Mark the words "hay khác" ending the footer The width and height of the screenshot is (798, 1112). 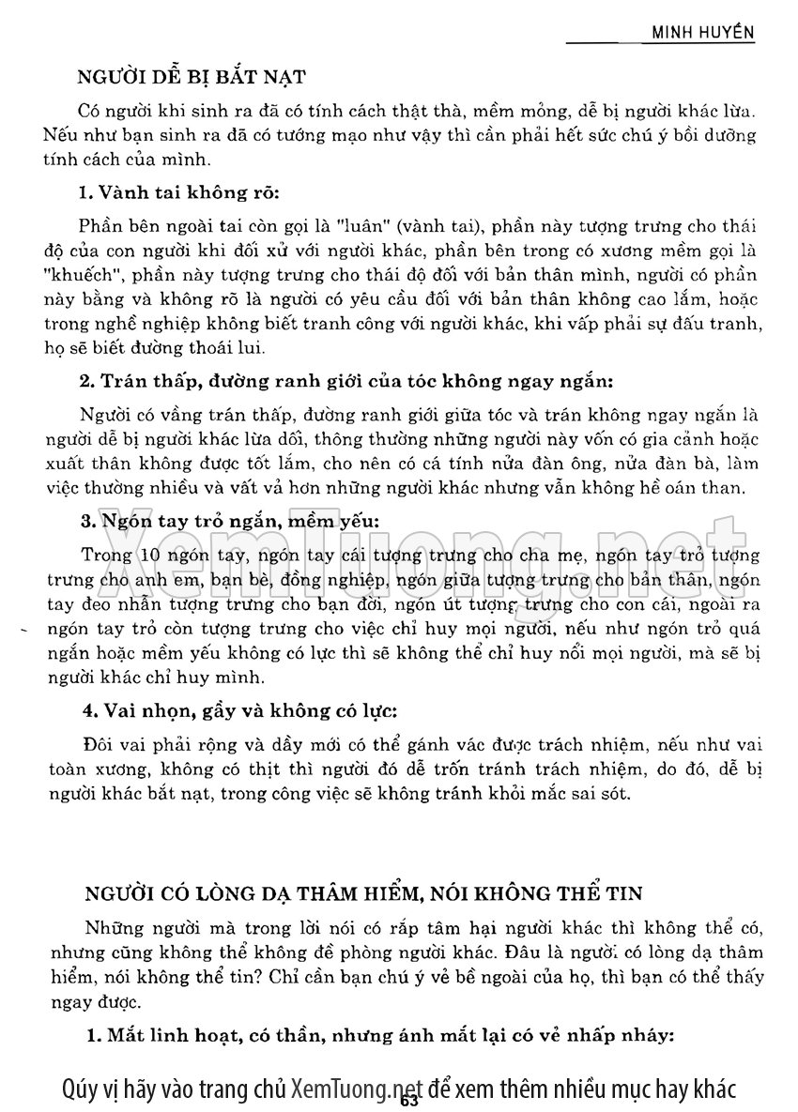(x=695, y=1089)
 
